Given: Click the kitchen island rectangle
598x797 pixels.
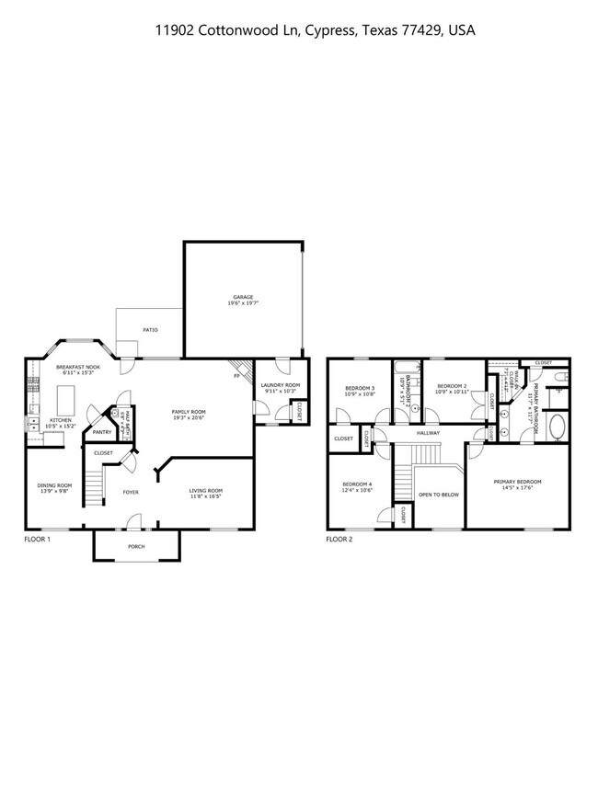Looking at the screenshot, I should click(65, 400).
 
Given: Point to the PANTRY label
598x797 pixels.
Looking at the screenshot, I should click(102, 431).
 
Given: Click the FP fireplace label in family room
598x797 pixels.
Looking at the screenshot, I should click(237, 376).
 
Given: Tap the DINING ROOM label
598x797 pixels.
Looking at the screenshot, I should click(54, 487).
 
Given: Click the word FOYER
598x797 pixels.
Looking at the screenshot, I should click(131, 492).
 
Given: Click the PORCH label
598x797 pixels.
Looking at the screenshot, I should click(136, 545).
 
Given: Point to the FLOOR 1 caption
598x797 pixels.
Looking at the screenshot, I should click(37, 539).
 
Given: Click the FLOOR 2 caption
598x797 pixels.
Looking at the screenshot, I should click(339, 539).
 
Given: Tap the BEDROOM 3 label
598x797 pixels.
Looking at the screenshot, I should click(360, 390).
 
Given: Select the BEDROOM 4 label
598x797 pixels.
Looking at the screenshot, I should click(357, 486).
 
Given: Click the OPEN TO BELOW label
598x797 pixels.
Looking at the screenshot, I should click(439, 495).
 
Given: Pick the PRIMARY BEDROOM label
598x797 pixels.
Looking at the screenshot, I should click(517, 484).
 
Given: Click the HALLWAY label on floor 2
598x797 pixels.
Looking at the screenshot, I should click(429, 432).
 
